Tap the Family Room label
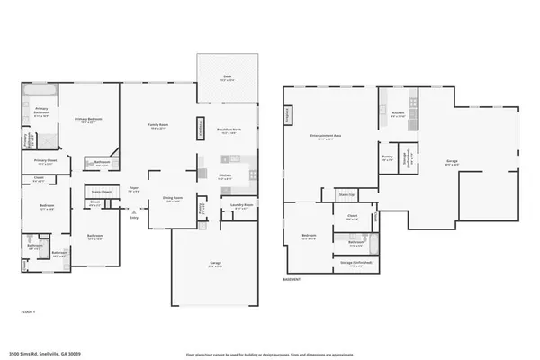coord(159,127)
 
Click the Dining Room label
coord(148,198)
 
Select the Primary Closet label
coord(46,162)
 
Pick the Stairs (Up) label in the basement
coord(345,193)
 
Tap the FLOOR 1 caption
coord(28,311)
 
